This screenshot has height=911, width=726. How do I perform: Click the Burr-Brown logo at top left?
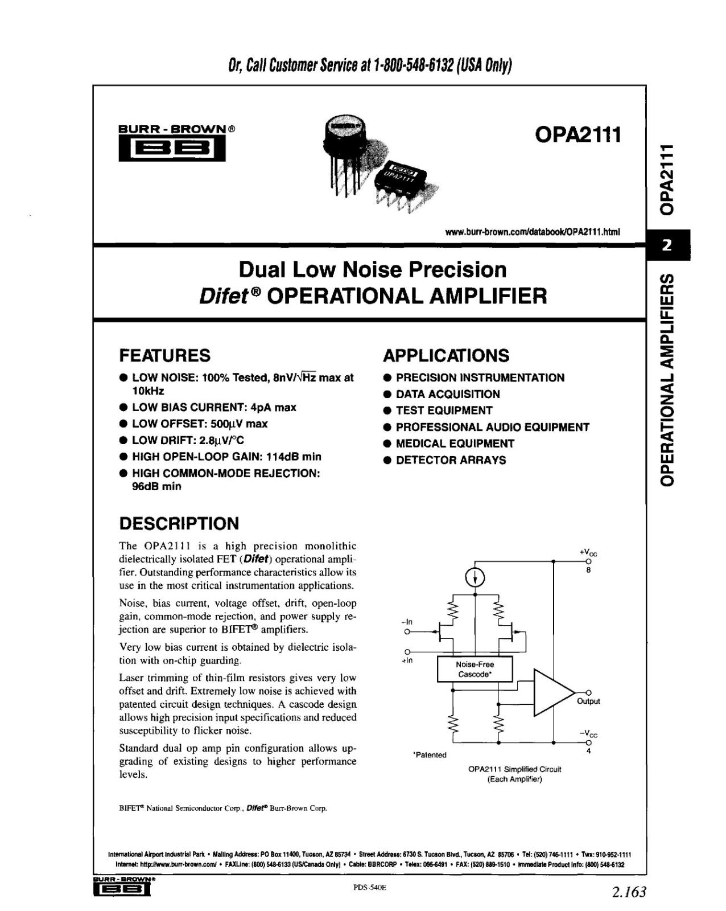(x=171, y=144)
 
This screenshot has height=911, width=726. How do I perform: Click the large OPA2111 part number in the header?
(x=577, y=135)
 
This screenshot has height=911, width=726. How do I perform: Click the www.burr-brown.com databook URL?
(x=533, y=232)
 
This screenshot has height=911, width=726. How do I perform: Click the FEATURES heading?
(x=164, y=355)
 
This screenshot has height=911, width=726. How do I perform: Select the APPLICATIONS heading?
(x=446, y=355)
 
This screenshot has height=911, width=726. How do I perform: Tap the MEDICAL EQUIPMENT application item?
(x=455, y=444)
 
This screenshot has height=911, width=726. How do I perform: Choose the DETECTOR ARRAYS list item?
(x=451, y=460)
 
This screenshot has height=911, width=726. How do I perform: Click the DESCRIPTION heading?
(x=179, y=523)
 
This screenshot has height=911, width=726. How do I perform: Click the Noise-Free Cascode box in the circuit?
(x=475, y=669)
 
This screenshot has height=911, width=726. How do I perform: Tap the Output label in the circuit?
(x=588, y=701)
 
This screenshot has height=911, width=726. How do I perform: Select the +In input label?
(x=407, y=661)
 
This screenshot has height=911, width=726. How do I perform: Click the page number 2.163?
(x=629, y=892)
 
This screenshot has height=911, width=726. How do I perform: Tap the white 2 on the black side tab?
(x=667, y=245)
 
